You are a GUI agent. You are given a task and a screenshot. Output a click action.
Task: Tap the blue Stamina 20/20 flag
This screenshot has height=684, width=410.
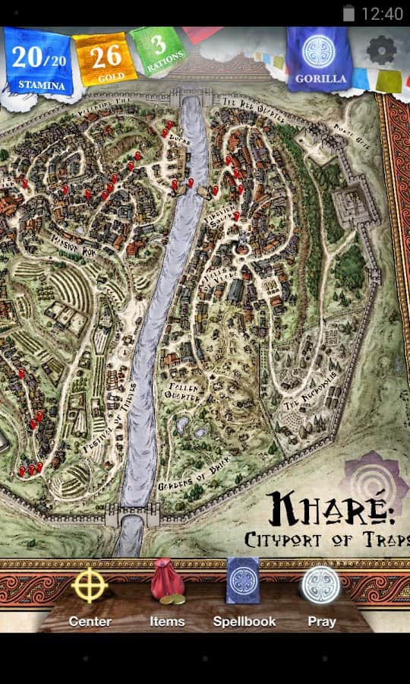(41, 62)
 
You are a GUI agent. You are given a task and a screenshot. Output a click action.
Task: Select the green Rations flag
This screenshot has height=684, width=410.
(157, 51)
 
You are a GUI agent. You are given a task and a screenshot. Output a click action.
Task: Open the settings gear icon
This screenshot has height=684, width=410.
(381, 50)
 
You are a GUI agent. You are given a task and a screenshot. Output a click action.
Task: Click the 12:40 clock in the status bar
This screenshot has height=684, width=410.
(382, 14)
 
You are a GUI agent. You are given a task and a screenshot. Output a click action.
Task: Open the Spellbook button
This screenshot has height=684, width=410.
(243, 589)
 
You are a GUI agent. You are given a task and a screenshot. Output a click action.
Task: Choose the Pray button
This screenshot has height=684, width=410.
(321, 589)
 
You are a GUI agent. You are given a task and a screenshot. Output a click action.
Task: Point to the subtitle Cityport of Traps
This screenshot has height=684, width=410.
(326, 540)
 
